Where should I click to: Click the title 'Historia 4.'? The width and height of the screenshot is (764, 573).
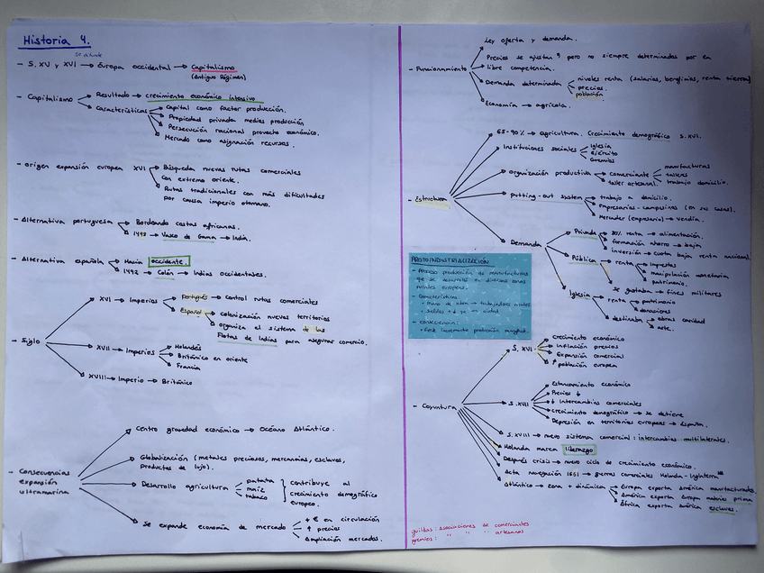pos(55,41)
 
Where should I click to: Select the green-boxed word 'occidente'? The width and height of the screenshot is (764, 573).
pos(169,261)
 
